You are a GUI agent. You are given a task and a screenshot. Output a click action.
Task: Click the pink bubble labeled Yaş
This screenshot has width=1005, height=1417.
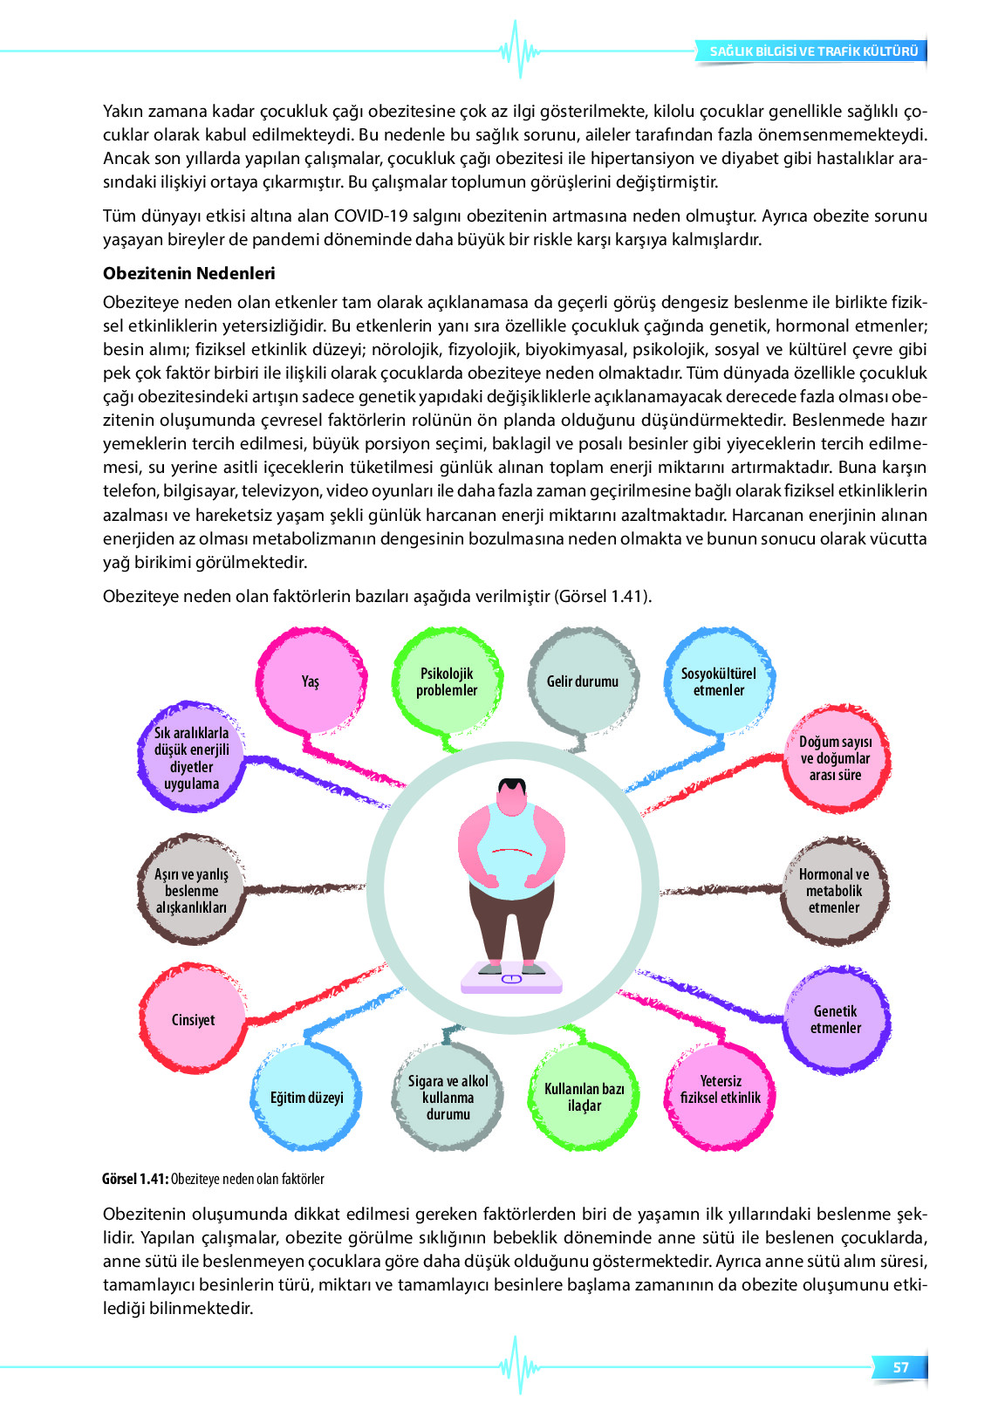pyautogui.click(x=311, y=681)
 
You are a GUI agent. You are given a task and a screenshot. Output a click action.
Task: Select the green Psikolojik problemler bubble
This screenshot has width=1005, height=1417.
pyautogui.click(x=447, y=681)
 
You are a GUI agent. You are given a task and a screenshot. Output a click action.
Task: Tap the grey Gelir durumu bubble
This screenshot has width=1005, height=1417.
pyautogui.click(x=583, y=681)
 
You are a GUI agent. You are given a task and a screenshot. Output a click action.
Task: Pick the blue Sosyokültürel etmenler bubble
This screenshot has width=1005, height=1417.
pyautogui.click(x=719, y=681)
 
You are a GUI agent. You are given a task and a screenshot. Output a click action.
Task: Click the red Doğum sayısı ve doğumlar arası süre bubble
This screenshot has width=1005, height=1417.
pyautogui.click(x=835, y=758)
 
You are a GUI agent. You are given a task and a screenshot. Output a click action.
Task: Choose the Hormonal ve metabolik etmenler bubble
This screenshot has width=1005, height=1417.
pyautogui.click(x=834, y=891)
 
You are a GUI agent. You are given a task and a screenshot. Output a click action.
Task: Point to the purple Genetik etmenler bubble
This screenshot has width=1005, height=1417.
pyautogui.click(x=836, y=1019)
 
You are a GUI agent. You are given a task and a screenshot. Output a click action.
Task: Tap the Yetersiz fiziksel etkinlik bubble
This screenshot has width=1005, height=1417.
pyautogui.click(x=721, y=1090)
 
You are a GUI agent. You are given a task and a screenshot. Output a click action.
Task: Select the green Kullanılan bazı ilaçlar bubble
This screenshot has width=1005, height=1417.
pyautogui.click(x=585, y=1097)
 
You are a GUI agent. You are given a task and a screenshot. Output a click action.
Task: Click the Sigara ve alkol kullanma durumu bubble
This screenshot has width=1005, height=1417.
pyautogui.click(x=448, y=1097)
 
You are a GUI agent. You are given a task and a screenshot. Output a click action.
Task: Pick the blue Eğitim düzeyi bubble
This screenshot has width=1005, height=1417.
pyautogui.click(x=307, y=1097)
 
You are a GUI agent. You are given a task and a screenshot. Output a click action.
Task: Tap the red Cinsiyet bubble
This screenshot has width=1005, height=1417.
pyautogui.click(x=193, y=1019)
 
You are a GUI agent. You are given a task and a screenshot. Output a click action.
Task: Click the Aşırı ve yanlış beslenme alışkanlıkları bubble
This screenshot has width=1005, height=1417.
pyautogui.click(x=191, y=891)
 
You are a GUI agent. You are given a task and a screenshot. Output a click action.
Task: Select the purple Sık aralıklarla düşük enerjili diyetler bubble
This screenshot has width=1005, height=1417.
pyautogui.click(x=192, y=758)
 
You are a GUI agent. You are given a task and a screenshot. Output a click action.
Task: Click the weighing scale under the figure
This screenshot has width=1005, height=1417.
pyautogui.click(x=511, y=978)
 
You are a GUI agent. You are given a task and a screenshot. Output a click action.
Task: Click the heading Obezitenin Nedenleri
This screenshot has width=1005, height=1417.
pyautogui.click(x=189, y=273)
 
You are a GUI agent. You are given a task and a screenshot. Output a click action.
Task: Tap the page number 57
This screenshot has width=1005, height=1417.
pyautogui.click(x=900, y=1367)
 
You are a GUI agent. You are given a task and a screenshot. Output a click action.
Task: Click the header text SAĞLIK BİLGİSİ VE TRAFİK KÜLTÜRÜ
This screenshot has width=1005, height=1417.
pyautogui.click(x=813, y=51)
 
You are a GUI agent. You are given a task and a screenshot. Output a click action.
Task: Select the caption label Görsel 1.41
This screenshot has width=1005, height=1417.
pyautogui.click(x=134, y=1179)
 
